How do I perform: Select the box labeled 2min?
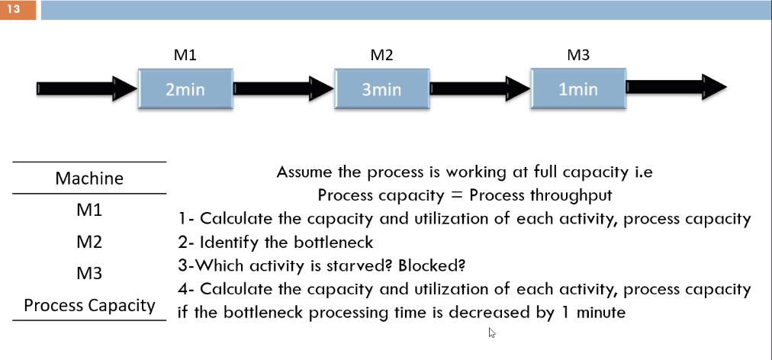(x=185, y=89)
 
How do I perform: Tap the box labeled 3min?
(x=381, y=89)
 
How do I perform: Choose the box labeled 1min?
(x=577, y=89)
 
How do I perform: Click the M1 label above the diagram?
(x=185, y=55)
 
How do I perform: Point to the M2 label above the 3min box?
(x=381, y=55)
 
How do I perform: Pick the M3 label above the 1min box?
(x=578, y=55)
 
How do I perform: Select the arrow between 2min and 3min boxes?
(x=283, y=88)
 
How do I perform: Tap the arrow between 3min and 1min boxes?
(x=479, y=88)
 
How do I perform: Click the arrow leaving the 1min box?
(x=676, y=88)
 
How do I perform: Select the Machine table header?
(x=89, y=178)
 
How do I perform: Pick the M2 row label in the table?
(x=89, y=242)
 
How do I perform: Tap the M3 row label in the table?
(x=89, y=273)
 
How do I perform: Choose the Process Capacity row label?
(x=89, y=305)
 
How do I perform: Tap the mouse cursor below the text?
(x=491, y=333)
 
